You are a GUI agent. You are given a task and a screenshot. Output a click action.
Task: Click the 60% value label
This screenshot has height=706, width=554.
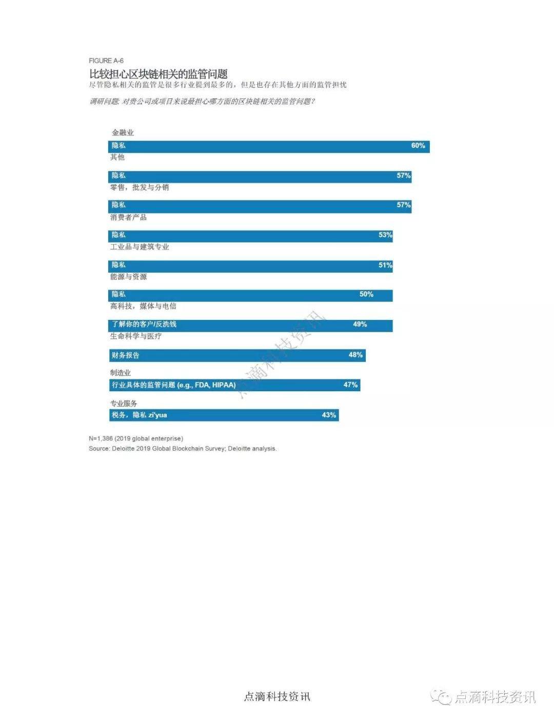[418, 146]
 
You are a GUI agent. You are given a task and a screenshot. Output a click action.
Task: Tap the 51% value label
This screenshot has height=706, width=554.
[385, 265]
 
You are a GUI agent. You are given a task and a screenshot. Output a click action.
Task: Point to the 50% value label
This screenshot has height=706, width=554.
[366, 294]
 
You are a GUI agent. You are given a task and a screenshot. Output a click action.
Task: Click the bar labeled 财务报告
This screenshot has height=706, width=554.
[237, 355]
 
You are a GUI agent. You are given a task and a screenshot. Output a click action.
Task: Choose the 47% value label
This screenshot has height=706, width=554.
[350, 385]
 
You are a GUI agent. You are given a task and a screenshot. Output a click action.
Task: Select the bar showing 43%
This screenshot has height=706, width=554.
[224, 415]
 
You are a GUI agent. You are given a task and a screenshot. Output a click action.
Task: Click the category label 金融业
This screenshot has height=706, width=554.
[123, 132]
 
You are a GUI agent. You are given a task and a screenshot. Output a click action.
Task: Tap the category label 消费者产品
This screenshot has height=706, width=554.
[128, 217]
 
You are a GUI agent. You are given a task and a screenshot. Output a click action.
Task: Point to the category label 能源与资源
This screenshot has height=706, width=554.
[128, 276]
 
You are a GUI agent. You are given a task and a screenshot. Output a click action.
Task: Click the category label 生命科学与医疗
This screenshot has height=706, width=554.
[135, 336]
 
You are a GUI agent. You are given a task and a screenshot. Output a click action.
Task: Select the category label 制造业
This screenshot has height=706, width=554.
[120, 373]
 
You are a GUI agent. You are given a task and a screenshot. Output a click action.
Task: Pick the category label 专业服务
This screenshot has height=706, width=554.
[124, 404]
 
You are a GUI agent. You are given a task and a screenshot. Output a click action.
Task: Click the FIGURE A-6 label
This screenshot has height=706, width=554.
[106, 60]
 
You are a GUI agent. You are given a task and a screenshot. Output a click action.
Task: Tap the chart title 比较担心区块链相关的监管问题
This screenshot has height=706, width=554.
[158, 74]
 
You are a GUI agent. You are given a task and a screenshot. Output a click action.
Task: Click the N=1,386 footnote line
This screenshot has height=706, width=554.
[136, 438]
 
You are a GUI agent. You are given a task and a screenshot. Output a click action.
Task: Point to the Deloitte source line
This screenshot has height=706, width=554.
[183, 449]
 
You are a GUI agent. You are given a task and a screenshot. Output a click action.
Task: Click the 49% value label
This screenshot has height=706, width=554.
[360, 324]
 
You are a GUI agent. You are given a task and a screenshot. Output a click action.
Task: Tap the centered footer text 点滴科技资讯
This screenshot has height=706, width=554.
[277, 696]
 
